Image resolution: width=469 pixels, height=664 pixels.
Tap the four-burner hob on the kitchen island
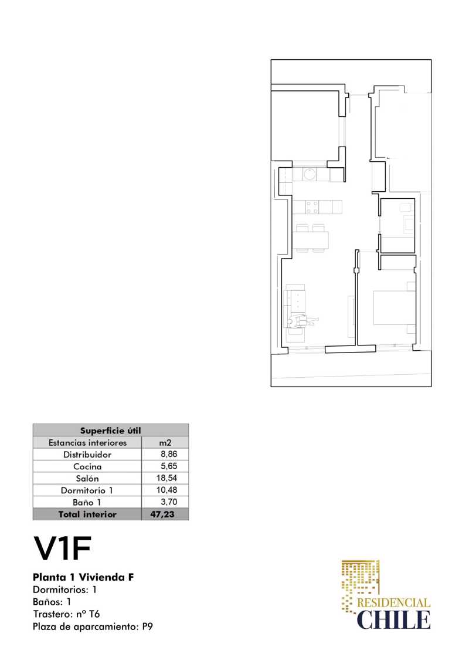[x=312, y=207]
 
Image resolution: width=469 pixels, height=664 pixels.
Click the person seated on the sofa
[x=303, y=321]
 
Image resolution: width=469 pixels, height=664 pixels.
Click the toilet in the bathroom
[x=405, y=207]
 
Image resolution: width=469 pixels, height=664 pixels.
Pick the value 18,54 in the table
[x=166, y=478]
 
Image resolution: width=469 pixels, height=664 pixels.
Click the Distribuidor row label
[x=87, y=455]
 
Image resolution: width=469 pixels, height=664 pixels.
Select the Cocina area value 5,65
[x=169, y=466]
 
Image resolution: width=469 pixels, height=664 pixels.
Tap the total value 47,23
[x=162, y=514]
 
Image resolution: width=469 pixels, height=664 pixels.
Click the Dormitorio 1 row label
[x=87, y=490]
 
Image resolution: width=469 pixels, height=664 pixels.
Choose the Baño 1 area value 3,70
[x=169, y=502]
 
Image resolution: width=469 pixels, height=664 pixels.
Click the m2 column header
[x=165, y=443]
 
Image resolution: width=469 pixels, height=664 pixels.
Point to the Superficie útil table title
[x=110, y=431]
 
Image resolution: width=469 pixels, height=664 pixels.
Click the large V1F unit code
[x=62, y=549]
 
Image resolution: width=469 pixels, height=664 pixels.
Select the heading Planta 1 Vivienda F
[x=83, y=577]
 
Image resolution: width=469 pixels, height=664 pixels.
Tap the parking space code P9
[x=147, y=626]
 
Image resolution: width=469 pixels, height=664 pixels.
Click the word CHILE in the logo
[x=394, y=620]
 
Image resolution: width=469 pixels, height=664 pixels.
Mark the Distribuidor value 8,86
[x=169, y=454]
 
